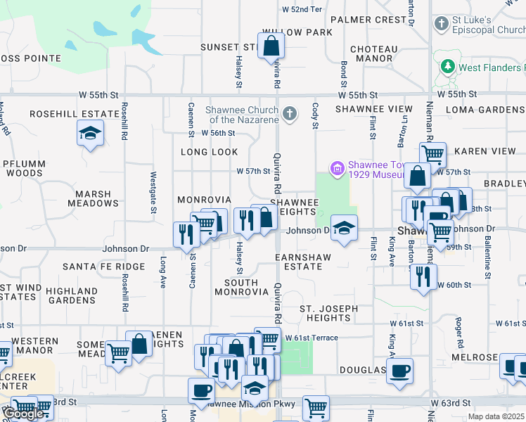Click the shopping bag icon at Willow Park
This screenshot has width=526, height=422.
pos(271,47)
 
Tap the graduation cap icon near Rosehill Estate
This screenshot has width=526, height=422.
pos(90,133)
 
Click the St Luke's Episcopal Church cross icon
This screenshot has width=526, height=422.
pos(442,25)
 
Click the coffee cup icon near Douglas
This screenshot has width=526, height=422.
pos(399,370)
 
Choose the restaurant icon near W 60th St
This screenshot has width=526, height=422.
pos(423,276)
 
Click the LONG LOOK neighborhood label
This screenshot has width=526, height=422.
pos(209,152)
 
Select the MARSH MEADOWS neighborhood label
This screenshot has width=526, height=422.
pos(94,198)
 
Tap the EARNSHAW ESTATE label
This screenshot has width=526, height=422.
pos(308,262)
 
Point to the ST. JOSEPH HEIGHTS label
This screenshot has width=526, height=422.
pos(328,313)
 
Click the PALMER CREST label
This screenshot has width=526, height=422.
pos(368,20)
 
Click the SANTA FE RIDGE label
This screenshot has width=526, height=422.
pos(103,267)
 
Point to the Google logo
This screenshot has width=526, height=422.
pos(23,414)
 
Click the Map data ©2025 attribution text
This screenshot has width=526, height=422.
pos(496,416)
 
